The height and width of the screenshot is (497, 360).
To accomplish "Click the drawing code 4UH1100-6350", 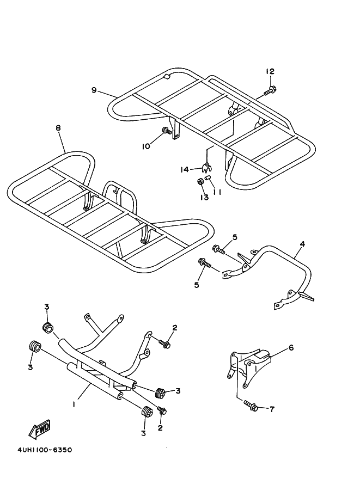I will pyautogui.click(x=37, y=450).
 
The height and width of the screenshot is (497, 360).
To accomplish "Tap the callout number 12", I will pyautogui.click(x=270, y=71).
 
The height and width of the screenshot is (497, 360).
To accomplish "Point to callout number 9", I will pyautogui.click(x=94, y=90).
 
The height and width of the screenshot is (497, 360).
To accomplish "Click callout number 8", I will pyautogui.click(x=58, y=128).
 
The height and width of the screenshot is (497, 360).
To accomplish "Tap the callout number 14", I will pyautogui.click(x=185, y=170).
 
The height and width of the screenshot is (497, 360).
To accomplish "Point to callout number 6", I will pyautogui.click(x=291, y=347).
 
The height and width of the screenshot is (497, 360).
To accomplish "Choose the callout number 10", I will pyautogui.click(x=146, y=146).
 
